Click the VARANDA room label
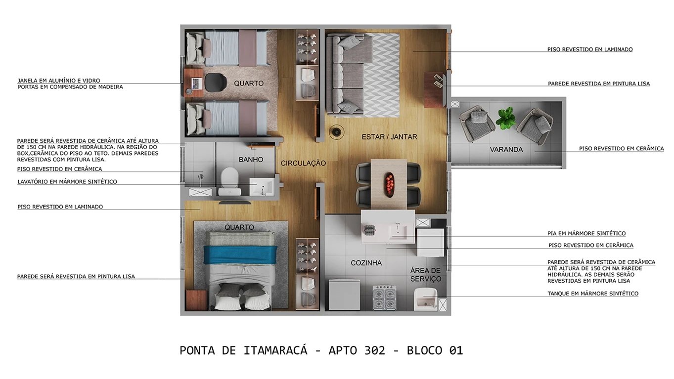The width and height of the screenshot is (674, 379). [x=506, y=149]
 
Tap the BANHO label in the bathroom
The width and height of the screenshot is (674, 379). [x=251, y=160]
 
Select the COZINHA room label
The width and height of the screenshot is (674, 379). [x=366, y=263]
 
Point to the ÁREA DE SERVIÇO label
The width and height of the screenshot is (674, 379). [x=425, y=275]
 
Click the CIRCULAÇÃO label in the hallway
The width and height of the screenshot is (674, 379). [x=303, y=163]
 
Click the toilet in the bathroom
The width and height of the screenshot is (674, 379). [x=229, y=179]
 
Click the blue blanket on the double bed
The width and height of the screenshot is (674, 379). [x=241, y=254]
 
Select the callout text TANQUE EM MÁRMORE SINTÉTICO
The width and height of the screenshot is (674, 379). [x=592, y=294]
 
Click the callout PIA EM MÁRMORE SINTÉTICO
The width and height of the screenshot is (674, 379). [x=586, y=233]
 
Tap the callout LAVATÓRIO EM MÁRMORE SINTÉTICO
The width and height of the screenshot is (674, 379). [x=67, y=182]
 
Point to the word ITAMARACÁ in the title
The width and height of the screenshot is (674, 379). [x=275, y=350]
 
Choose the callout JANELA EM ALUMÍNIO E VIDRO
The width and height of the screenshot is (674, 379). [x=59, y=80]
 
